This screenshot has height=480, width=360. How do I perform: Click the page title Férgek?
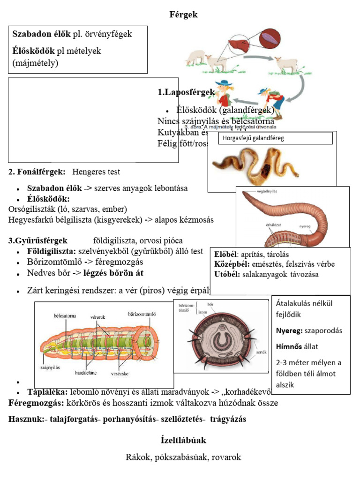[183, 15]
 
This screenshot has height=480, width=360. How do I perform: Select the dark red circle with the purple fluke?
[270, 37]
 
